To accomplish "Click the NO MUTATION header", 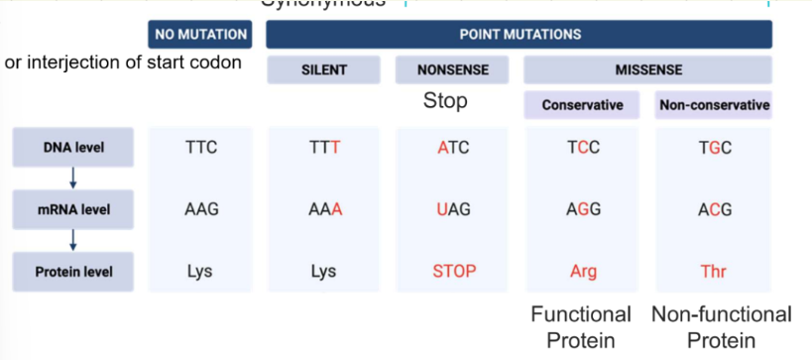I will point(200,35).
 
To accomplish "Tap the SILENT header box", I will point(325,70).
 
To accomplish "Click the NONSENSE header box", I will point(452,70).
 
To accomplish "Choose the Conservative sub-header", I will point(583,105).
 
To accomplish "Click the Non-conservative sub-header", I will point(714,105).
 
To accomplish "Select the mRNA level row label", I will point(73,210).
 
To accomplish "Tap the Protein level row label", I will point(73,271).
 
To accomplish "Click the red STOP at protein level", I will point(453,271).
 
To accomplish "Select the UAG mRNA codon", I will point(453,210).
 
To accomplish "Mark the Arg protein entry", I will point(583,271).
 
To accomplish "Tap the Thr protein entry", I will point(714,271).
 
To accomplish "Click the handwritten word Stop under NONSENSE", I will point(445,101).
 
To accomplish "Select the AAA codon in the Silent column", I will point(325,210).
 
